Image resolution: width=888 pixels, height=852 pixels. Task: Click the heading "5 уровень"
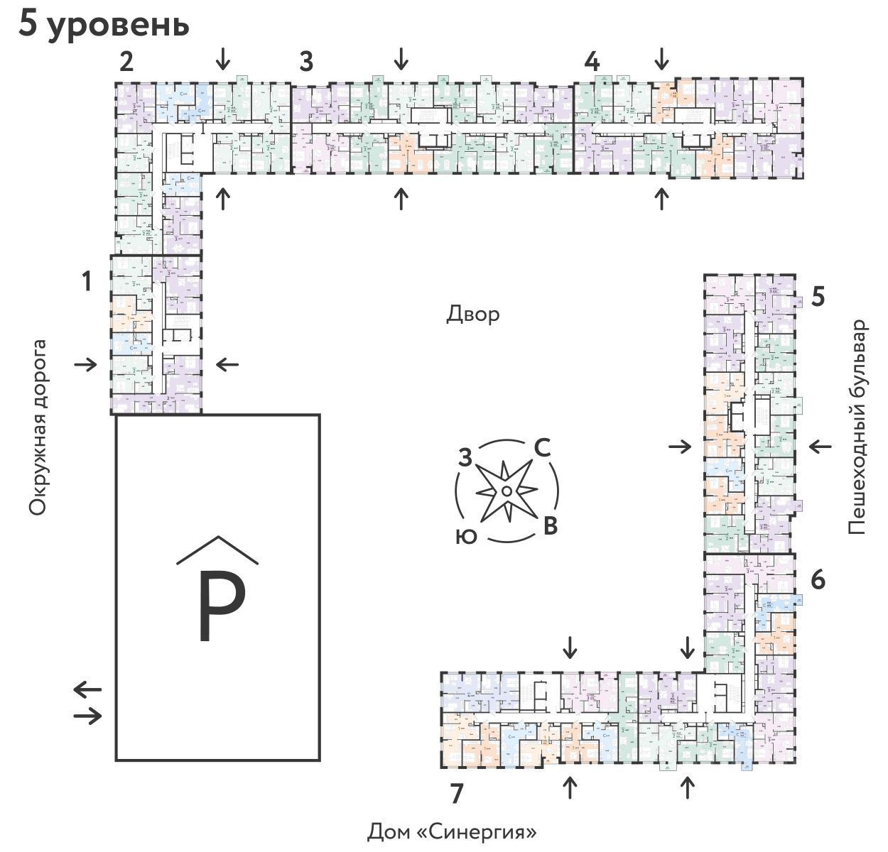(104, 24)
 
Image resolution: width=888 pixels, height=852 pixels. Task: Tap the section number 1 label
(87, 282)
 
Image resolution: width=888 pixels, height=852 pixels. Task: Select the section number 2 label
(126, 62)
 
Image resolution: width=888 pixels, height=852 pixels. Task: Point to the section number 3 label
(306, 62)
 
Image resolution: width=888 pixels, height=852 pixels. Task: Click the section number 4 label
(592, 62)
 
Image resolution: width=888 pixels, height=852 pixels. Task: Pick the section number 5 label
(818, 296)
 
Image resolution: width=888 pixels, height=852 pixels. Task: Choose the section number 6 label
(818, 580)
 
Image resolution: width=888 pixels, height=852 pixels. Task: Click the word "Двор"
(473, 314)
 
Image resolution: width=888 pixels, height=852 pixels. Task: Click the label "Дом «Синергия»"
(452, 831)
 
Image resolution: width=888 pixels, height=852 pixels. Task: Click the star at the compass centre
(507, 491)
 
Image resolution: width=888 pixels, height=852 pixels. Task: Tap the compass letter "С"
(541, 448)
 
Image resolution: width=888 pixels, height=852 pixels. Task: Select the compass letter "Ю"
(466, 537)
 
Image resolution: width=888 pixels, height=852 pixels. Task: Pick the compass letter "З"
(465, 458)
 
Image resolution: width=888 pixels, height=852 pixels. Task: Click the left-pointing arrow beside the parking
(88, 689)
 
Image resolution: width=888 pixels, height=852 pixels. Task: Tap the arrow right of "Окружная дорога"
(86, 365)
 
